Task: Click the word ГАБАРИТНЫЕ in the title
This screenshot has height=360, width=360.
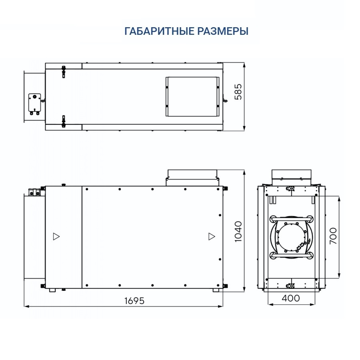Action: tap(159, 31)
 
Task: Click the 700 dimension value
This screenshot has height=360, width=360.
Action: tap(333, 236)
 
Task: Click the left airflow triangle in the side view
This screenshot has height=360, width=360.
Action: tap(56, 236)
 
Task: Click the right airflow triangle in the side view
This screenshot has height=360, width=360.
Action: tap(211, 236)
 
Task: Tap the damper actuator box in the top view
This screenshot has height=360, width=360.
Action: tap(35, 103)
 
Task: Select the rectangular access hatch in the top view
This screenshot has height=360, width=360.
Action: tap(192, 96)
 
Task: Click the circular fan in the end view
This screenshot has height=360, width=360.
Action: tap(291, 236)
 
